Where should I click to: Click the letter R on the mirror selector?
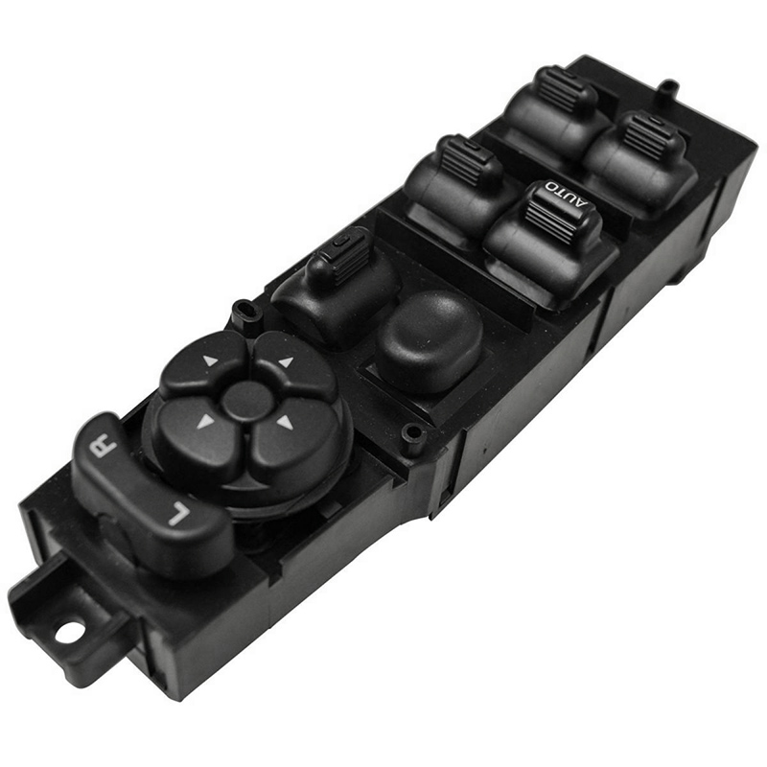(103, 447)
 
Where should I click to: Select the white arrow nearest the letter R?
(204, 421)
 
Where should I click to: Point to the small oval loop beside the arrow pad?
(244, 311)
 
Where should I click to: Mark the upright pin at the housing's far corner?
(668, 88)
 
